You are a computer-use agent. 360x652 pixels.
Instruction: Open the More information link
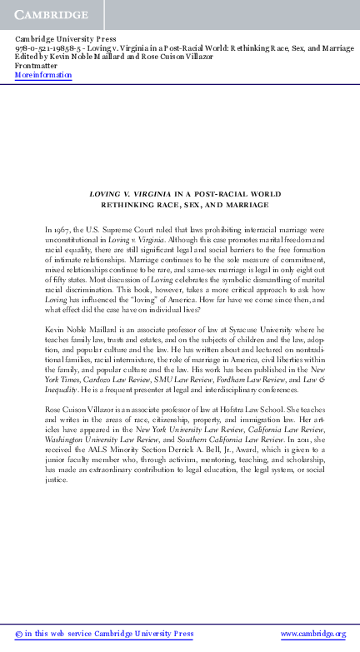(x=43, y=75)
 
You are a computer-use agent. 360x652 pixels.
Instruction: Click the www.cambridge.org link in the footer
(x=312, y=635)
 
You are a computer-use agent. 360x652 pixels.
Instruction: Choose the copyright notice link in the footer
(x=104, y=635)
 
